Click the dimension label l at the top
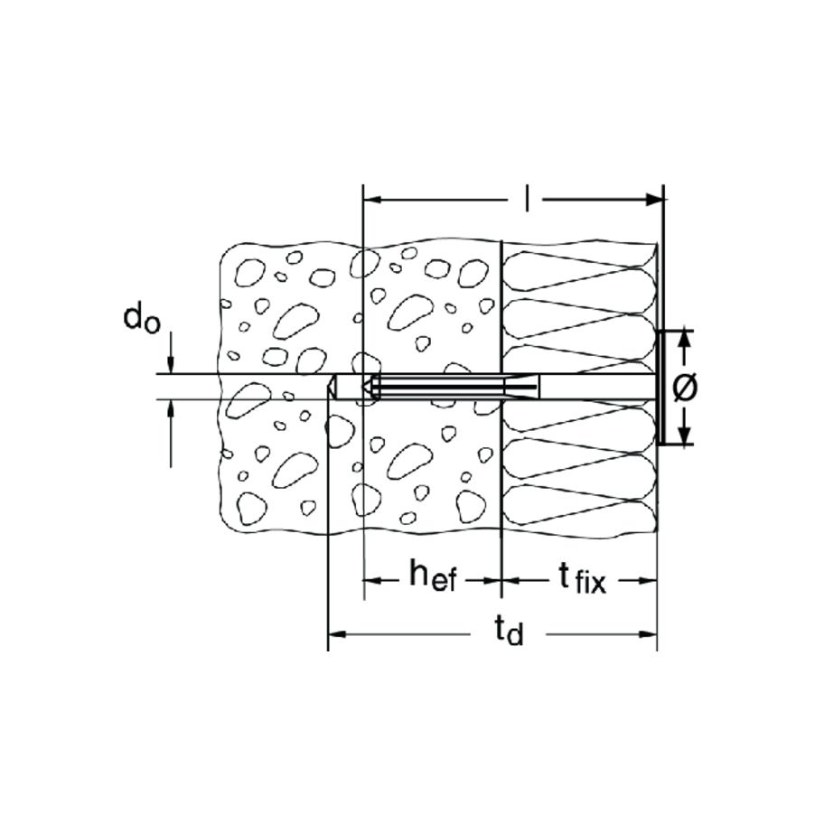click(527, 199)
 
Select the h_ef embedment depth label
click(433, 576)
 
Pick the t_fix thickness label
click(581, 579)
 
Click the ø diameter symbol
click(685, 388)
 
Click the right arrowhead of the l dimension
click(654, 199)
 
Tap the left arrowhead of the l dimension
click(372, 199)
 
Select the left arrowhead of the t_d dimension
click(337, 633)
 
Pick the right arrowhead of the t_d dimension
click(648, 633)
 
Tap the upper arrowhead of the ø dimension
click(684, 340)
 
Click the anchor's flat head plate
click(660, 388)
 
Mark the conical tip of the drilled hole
click(332, 387)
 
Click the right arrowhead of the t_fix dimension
click(648, 581)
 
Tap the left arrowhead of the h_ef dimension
click(372, 581)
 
